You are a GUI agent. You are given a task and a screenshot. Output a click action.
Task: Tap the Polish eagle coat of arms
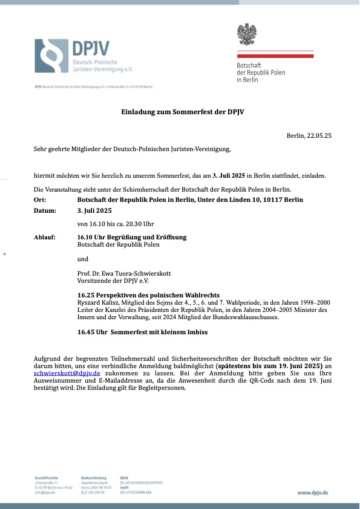pos(246,34)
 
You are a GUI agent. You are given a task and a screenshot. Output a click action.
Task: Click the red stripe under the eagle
pos(275,56)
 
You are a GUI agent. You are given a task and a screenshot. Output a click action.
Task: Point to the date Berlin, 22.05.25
pos(309,136)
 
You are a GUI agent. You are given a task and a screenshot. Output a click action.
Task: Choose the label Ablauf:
pos(45,237)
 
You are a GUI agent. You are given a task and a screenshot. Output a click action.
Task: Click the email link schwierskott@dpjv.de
pos(67,374)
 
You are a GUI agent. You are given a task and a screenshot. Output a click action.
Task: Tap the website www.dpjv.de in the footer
pos(312,493)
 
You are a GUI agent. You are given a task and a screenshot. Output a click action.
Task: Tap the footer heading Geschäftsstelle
pos(47,478)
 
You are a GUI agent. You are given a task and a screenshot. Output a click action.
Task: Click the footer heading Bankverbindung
pos(93,478)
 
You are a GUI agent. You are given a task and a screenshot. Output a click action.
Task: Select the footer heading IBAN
pos(124,478)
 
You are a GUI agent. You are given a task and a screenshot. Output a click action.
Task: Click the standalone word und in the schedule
pos(83,259)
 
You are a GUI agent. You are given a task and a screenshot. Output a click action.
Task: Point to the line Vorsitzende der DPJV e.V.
pos(112,280)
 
